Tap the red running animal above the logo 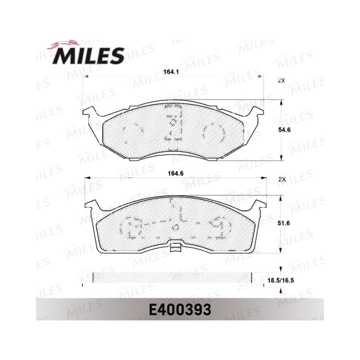pos(63,44)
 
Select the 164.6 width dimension pos(175,173)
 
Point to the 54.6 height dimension pos(284,130)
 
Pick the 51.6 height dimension pos(284,223)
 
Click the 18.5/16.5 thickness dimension pos(281,280)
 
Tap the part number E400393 pos(180,310)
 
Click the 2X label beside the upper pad pos(281,81)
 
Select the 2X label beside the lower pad pos(282,180)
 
